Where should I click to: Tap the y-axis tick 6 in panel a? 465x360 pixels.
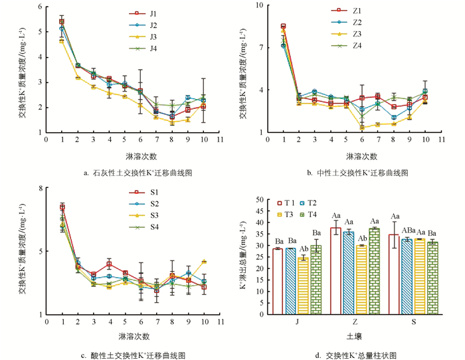tap(40, 7)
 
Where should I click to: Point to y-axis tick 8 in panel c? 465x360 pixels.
tap(40, 188)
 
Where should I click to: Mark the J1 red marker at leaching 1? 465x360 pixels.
tap(62, 22)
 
